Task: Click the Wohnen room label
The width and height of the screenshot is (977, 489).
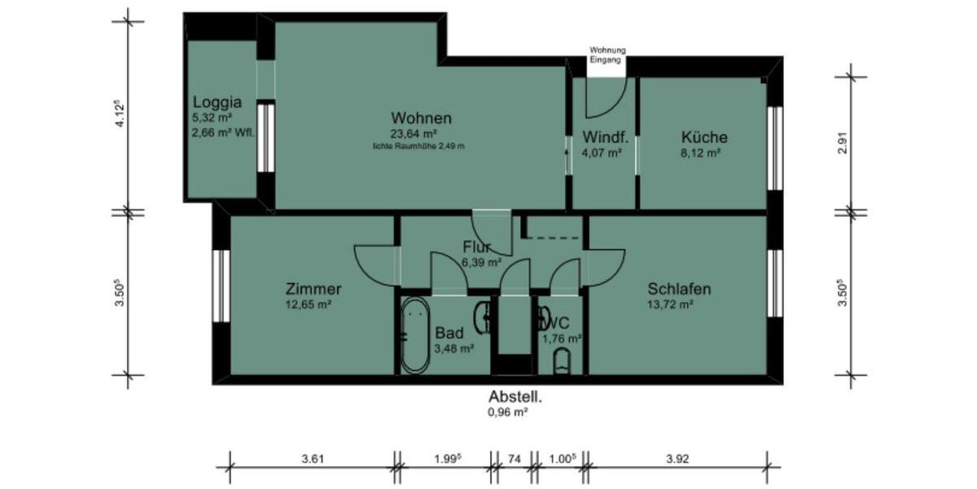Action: click(x=421, y=117)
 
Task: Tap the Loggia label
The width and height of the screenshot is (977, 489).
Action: click(x=217, y=103)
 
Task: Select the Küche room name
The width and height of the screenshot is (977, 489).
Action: click(x=704, y=137)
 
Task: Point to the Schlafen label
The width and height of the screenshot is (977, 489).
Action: click(x=679, y=289)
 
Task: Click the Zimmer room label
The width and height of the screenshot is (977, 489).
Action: click(x=313, y=289)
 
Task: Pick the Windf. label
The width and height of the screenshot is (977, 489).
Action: click(x=603, y=137)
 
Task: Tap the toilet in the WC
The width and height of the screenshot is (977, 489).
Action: click(x=563, y=360)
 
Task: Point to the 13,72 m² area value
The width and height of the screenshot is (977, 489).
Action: click(x=670, y=305)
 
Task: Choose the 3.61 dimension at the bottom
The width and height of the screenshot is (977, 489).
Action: click(x=313, y=459)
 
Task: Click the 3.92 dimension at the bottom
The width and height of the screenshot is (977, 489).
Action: click(x=677, y=459)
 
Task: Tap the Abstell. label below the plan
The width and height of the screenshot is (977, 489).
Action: click(x=515, y=397)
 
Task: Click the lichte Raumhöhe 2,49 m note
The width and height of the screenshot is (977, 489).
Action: click(x=418, y=147)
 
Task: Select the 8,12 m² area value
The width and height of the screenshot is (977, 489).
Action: click(x=701, y=152)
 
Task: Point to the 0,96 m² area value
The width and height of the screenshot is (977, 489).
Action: click(x=508, y=412)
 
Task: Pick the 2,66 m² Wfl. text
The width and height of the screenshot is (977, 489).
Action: click(x=223, y=132)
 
